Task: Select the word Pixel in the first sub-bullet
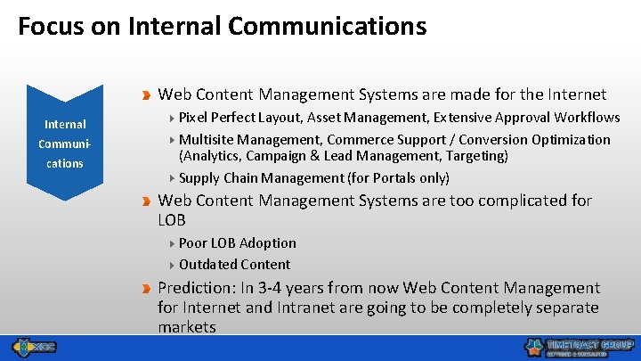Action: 194,118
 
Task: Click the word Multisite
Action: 206,140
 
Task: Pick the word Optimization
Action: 571,140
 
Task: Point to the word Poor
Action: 193,242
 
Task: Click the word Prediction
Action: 193,288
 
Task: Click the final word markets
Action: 187,327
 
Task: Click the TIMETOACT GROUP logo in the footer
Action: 579,347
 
